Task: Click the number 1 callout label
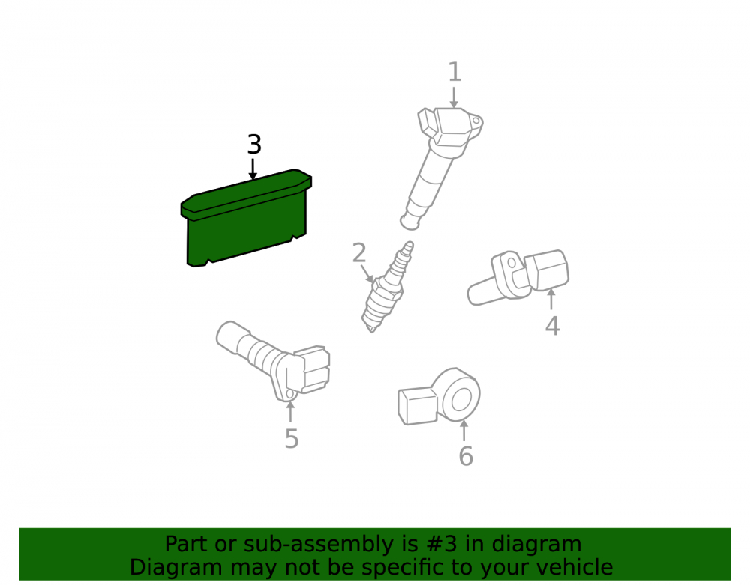click(454, 72)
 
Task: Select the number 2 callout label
click(359, 253)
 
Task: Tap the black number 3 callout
click(254, 145)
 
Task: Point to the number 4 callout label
click(553, 326)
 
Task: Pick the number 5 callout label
click(292, 439)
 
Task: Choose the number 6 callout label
click(466, 456)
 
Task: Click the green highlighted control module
click(246, 218)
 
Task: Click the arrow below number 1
click(454, 97)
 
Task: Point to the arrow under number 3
click(253, 169)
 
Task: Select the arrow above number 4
click(551, 299)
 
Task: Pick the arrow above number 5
click(290, 412)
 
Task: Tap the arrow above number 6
click(463, 430)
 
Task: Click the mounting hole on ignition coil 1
click(476, 121)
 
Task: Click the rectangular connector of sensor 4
click(547, 270)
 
